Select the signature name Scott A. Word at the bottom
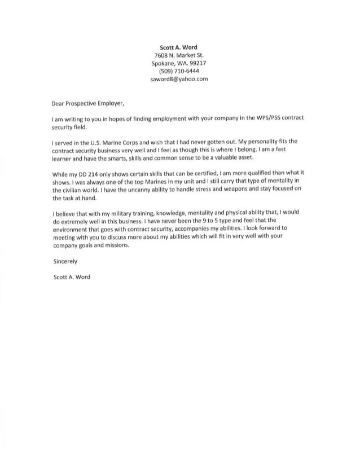tap(71, 277)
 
